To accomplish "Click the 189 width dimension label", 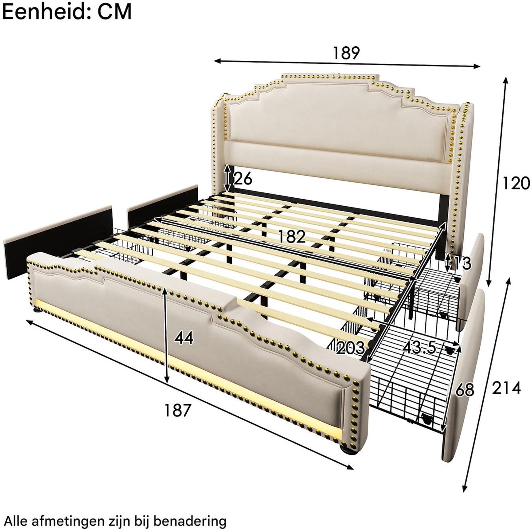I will (346, 53).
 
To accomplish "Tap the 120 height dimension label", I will (516, 183).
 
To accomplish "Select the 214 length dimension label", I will (506, 388).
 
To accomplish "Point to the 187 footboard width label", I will (177, 410).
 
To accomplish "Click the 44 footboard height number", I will (184, 338).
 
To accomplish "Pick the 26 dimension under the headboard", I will (243, 179).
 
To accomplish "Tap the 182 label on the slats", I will (292, 237).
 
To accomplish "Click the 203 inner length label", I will (351, 348).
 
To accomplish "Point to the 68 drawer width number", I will (465, 390).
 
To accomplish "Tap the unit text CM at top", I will (114, 12).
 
